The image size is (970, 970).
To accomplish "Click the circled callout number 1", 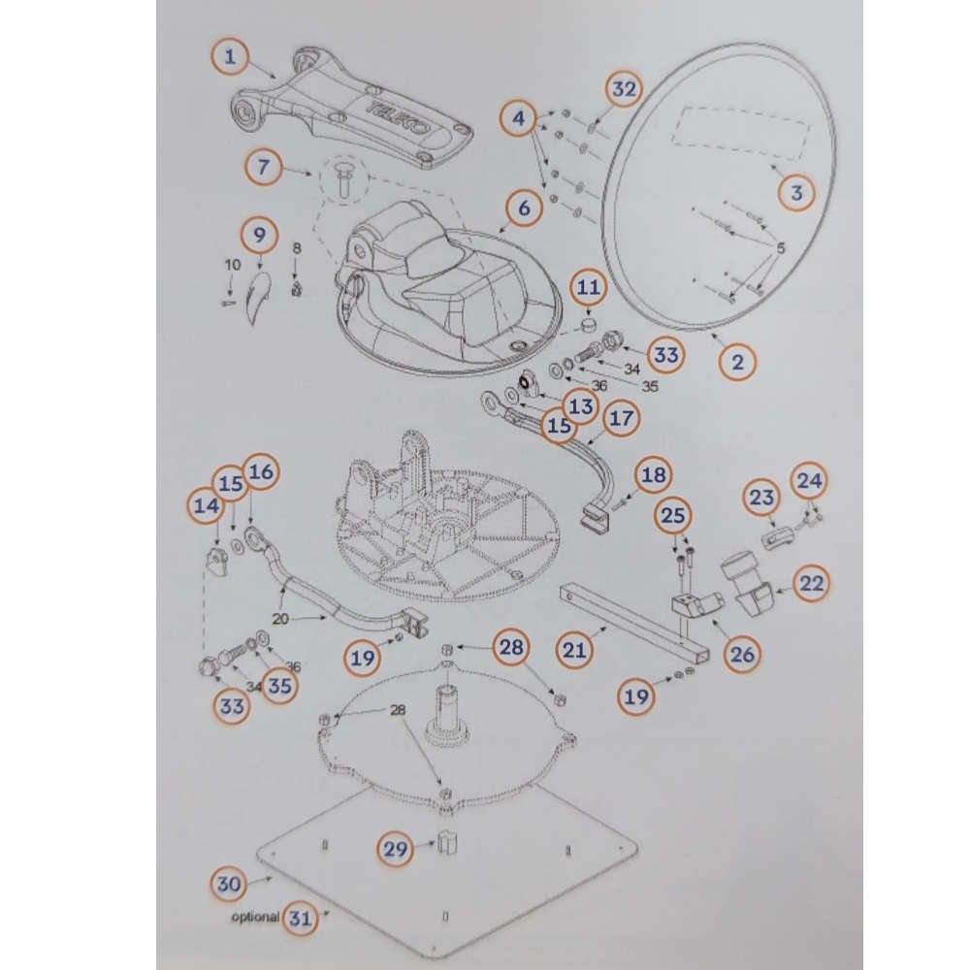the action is (230, 57).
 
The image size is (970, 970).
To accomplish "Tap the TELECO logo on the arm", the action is (399, 117).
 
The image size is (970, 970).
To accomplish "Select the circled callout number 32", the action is (624, 89).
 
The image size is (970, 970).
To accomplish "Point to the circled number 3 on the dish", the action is (796, 192).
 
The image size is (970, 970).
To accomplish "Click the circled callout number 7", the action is (264, 167).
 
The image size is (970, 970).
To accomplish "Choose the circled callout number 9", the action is (259, 235).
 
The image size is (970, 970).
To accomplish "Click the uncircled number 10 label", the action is (233, 266).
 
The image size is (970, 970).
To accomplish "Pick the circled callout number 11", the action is (589, 287).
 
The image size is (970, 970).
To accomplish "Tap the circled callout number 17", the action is (621, 418).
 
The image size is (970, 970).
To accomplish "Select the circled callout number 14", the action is (207, 505).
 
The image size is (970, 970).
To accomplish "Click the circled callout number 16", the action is (260, 472).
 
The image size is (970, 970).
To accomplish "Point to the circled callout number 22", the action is (811, 583).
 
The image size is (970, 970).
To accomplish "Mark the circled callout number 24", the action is (809, 481).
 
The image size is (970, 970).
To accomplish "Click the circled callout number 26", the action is (742, 654).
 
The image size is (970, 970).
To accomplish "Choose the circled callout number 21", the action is (574, 650).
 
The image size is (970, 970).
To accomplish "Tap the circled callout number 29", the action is (396, 849).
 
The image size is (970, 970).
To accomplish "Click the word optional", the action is (255, 917).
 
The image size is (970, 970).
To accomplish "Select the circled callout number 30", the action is (229, 884).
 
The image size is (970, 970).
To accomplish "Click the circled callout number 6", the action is (524, 208).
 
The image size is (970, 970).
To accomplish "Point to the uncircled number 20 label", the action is (280, 618).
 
